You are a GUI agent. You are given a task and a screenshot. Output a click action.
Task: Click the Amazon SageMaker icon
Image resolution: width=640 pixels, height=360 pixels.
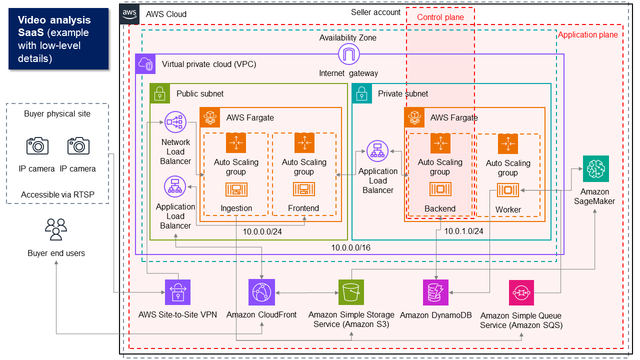click(595, 168)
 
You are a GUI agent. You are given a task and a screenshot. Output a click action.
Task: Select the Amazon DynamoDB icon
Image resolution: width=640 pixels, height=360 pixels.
click(435, 292)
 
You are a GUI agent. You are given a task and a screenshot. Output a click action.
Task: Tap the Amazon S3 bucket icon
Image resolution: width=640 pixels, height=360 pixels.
click(351, 292)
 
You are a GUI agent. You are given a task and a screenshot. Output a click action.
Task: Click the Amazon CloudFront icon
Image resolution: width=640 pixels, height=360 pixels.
click(261, 292)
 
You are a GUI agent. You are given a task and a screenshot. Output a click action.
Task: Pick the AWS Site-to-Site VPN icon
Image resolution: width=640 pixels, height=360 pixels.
click(178, 292)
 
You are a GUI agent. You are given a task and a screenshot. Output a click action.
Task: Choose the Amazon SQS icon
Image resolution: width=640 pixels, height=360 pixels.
click(521, 292)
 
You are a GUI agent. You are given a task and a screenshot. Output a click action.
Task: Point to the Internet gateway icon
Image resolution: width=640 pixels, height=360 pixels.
click(348, 54)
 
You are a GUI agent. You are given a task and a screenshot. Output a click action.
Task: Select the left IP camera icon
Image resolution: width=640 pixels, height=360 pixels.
click(37, 146)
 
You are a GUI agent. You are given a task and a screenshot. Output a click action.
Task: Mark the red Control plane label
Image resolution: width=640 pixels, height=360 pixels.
click(440, 17)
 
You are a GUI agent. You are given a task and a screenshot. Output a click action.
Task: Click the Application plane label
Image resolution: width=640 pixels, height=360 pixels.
click(587, 35)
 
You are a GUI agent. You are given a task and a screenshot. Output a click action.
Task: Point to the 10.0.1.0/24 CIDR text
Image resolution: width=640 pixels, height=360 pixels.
click(463, 231)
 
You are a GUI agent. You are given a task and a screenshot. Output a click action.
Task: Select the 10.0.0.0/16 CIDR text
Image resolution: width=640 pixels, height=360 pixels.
click(350, 247)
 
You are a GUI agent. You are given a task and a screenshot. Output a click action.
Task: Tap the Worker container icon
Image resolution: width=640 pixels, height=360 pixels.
click(507, 190)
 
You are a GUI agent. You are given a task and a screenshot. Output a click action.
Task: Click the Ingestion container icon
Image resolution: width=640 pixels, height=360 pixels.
click(236, 189)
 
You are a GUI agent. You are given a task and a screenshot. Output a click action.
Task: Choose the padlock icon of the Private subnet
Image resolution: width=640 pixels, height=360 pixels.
click(362, 93)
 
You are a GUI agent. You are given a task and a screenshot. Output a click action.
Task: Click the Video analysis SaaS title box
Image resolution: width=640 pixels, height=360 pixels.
click(58, 38)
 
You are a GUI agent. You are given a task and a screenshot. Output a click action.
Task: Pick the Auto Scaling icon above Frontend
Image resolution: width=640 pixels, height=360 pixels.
click(303, 143)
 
